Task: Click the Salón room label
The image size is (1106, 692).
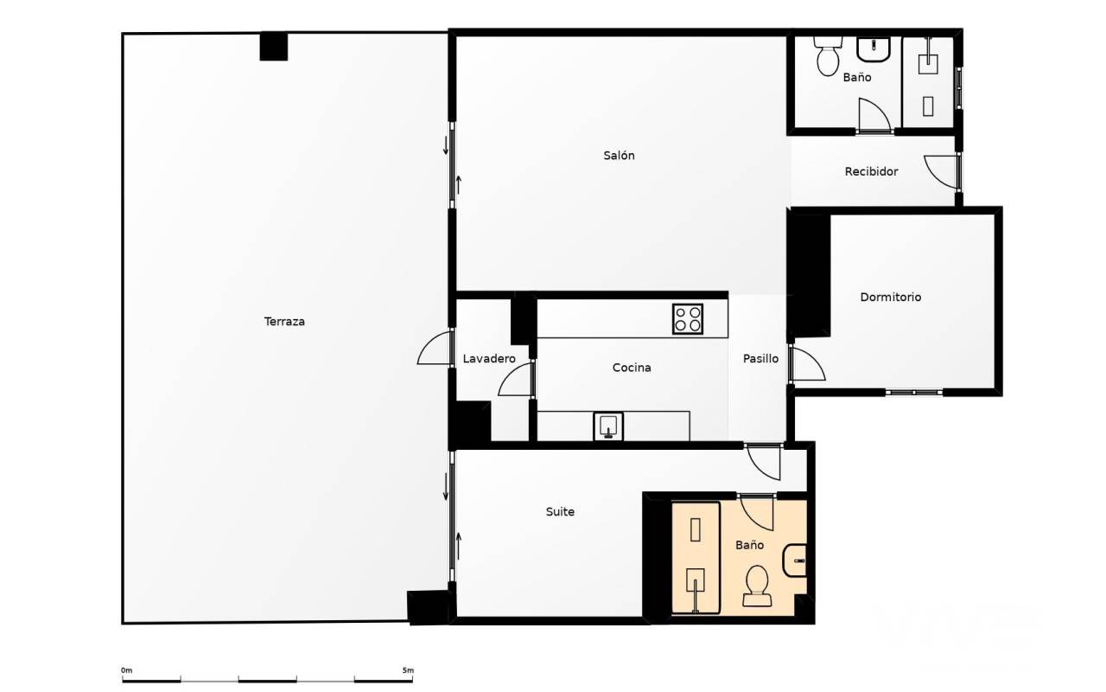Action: point(619,156)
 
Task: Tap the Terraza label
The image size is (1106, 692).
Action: point(284,322)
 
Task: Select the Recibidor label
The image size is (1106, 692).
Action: point(871,171)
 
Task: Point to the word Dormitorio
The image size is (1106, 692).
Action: point(890,297)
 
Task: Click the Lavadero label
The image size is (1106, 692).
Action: point(489,359)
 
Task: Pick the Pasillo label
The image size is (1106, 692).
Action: point(760,359)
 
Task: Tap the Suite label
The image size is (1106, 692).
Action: point(560,511)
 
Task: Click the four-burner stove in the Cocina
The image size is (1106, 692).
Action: point(687,319)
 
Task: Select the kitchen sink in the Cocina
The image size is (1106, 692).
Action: point(608,426)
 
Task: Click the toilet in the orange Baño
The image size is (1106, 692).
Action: point(757,586)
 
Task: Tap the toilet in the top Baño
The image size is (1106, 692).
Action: point(828,55)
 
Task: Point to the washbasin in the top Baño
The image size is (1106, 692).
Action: point(874,49)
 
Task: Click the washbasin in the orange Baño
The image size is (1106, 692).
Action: point(794,561)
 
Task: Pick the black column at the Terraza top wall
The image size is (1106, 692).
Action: point(274,47)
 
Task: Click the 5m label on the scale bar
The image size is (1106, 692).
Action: point(408,670)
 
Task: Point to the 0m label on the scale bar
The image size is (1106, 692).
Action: point(127,670)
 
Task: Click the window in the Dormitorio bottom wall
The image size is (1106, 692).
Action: point(914,393)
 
